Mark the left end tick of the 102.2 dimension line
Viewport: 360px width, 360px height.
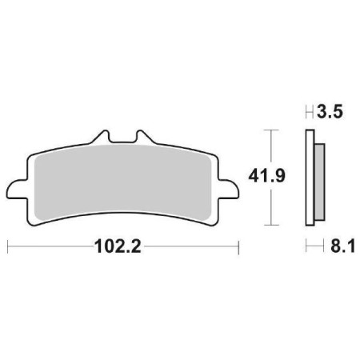8,246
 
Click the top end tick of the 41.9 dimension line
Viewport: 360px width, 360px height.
271,129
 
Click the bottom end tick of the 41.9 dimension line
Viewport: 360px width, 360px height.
271,226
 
